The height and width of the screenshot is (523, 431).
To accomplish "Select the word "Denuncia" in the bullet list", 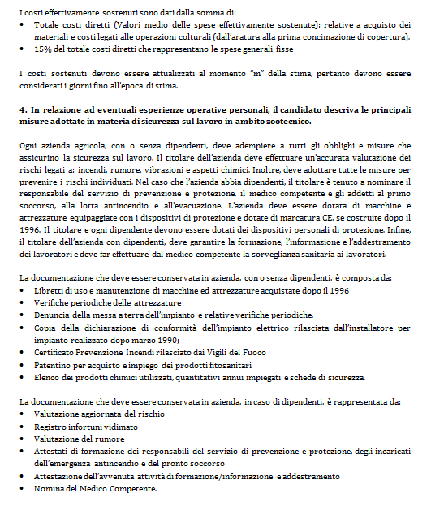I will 53,314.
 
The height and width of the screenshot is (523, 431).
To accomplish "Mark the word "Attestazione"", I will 60,476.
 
